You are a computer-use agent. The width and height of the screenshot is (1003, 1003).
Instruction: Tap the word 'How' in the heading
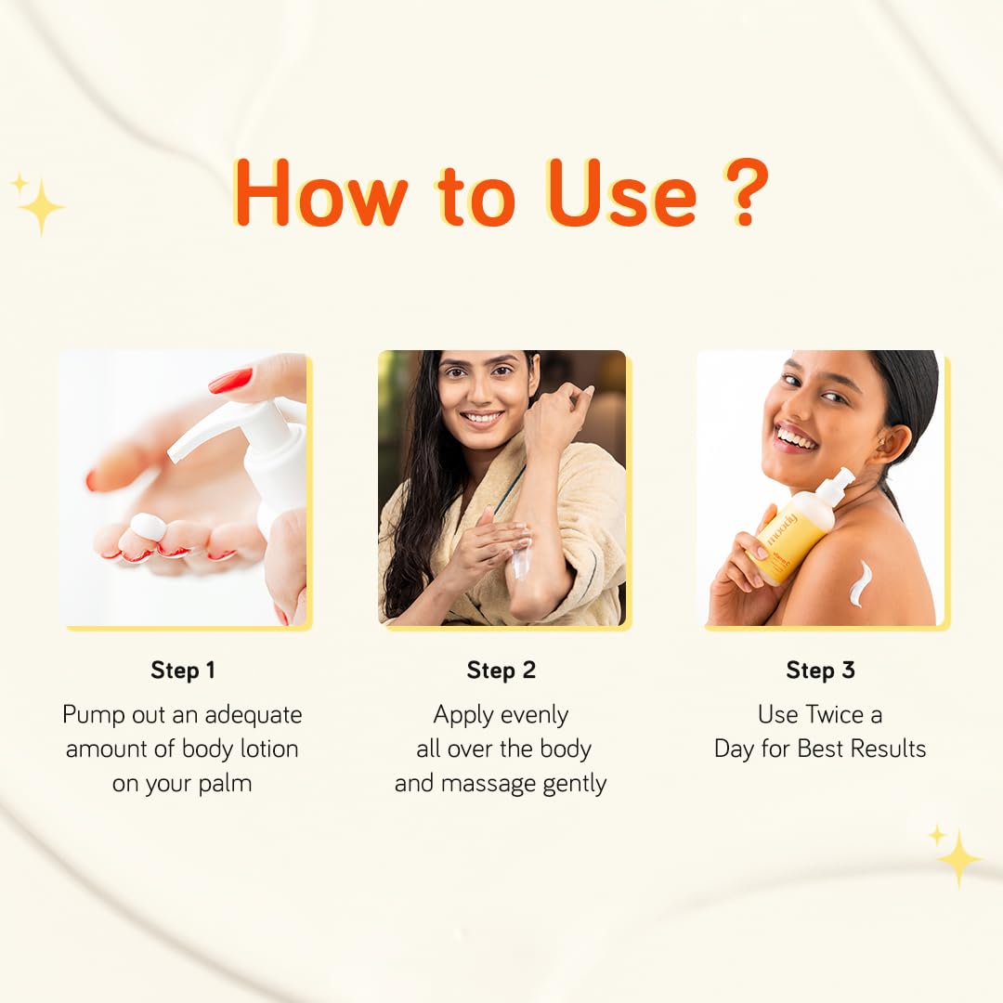[319, 192]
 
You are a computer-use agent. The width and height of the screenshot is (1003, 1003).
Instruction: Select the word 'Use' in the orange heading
[621, 192]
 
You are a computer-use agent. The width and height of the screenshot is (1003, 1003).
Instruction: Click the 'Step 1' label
[183, 670]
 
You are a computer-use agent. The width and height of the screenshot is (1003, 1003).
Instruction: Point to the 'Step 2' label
[501, 670]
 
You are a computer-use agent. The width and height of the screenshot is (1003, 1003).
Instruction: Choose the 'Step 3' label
[820, 670]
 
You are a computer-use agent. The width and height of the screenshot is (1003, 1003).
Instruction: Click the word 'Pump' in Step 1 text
[94, 715]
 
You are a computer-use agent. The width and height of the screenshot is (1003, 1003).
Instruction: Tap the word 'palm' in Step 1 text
[225, 784]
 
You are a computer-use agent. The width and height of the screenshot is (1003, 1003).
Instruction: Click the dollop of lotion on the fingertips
[148, 526]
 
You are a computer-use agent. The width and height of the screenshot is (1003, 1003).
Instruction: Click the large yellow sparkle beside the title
[42, 207]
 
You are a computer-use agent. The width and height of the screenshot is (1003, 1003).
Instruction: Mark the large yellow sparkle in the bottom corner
[958, 858]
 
